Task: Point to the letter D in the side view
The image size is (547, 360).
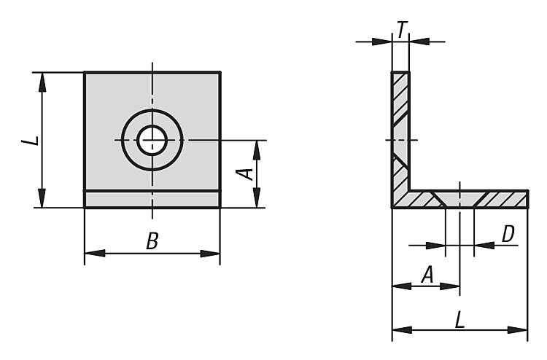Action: point(508,234)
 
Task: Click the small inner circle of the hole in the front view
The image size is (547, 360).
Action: point(152,138)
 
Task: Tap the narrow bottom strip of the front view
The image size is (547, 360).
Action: point(152,199)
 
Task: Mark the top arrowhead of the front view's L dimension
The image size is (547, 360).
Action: point(42,79)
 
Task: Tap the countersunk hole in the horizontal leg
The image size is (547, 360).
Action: point(459,199)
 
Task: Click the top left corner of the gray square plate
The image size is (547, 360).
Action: point(85,72)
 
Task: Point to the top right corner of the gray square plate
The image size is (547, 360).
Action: point(220,72)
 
